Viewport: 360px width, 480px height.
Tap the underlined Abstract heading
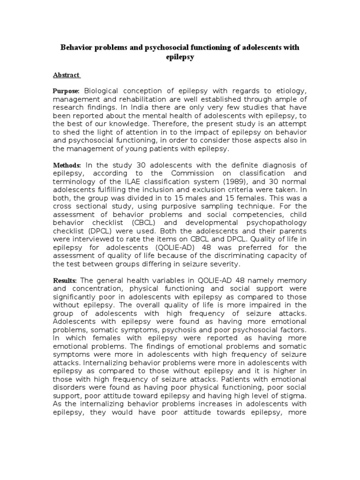pos(66,75)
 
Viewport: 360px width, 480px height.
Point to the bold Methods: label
pos(67,165)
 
